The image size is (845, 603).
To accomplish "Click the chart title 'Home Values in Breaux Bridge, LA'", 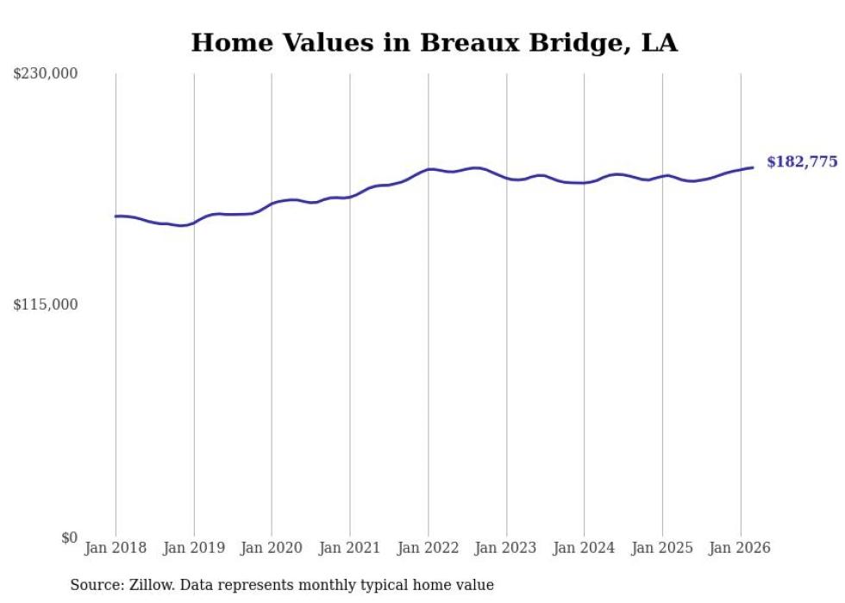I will (x=434, y=43).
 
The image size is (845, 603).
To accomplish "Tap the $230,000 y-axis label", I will (x=45, y=74).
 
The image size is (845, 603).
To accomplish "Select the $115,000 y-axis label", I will (x=45, y=305).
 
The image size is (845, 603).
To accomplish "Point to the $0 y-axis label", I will (x=69, y=537).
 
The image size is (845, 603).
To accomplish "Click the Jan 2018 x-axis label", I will (x=116, y=548).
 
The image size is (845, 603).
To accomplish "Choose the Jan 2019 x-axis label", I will (x=194, y=548).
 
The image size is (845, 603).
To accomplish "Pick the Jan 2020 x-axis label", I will (x=272, y=548).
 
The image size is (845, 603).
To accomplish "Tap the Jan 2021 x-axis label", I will (x=350, y=548).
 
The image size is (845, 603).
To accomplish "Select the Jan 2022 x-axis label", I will (x=428, y=548).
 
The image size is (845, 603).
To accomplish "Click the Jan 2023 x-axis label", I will (x=506, y=548).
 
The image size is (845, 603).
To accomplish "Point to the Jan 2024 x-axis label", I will (x=584, y=548).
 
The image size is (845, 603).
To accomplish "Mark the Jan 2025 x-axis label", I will (x=662, y=548).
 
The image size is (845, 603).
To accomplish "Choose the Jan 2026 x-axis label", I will (x=740, y=548).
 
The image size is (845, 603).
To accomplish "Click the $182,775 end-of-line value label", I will (x=802, y=162).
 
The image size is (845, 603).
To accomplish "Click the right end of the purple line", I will (x=753, y=167).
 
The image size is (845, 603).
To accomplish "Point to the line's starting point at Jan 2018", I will (x=116, y=216).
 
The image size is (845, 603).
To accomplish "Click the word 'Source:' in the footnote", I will (x=95, y=585).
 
